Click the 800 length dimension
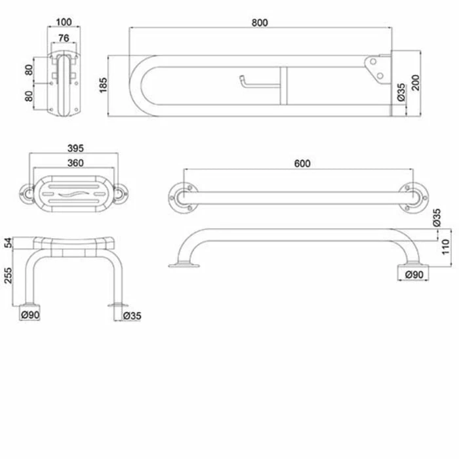click(260, 22)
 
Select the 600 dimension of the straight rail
click(302, 163)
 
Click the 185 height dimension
click(104, 85)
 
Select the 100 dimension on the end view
click(64, 22)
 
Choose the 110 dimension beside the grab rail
click(445, 247)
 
